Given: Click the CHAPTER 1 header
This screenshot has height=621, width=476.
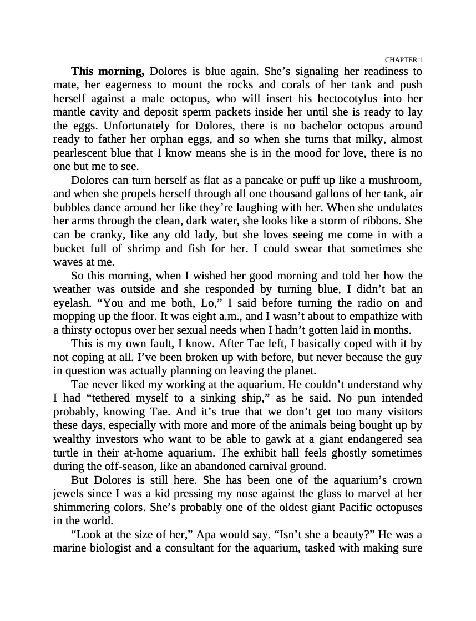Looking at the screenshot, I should (403, 59).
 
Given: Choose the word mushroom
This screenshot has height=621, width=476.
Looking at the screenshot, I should (395, 181).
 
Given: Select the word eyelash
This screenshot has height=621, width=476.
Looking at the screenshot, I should (71, 303).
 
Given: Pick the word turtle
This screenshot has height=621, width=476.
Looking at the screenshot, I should (67, 453).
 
